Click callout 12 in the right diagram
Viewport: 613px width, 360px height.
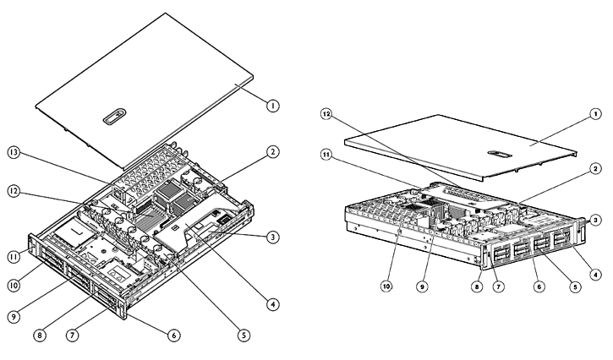tap(328, 113)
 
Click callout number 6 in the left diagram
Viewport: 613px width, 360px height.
tap(174, 335)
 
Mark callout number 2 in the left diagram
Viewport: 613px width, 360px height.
tap(272, 152)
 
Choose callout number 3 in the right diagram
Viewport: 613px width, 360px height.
tap(596, 219)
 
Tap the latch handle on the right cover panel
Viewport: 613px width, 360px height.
tap(498, 155)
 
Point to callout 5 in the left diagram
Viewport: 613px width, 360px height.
tap(244, 335)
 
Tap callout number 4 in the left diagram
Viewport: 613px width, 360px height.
tap(272, 303)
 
